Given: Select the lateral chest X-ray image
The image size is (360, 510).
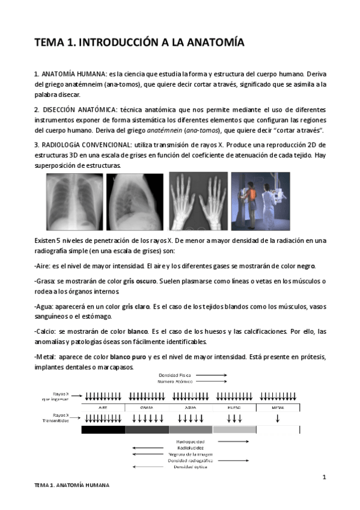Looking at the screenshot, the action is click(x=135, y=202).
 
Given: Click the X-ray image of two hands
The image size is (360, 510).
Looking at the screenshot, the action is click(x=198, y=202).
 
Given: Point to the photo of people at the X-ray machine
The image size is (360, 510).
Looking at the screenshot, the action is click(x=260, y=202).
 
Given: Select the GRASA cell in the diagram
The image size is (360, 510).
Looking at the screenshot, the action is click(x=147, y=407).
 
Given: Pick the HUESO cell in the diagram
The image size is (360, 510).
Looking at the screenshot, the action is click(x=234, y=407).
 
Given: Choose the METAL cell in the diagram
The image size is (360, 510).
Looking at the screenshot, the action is click(x=277, y=407).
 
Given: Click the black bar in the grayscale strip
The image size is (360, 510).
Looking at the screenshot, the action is click(x=103, y=429).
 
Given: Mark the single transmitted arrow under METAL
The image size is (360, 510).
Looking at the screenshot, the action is click(x=277, y=418).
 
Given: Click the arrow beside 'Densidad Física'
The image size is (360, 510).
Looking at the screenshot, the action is click(x=210, y=374).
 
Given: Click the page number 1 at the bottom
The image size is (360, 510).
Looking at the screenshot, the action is click(x=324, y=478).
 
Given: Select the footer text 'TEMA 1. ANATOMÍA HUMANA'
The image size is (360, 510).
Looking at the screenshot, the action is click(x=72, y=485).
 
